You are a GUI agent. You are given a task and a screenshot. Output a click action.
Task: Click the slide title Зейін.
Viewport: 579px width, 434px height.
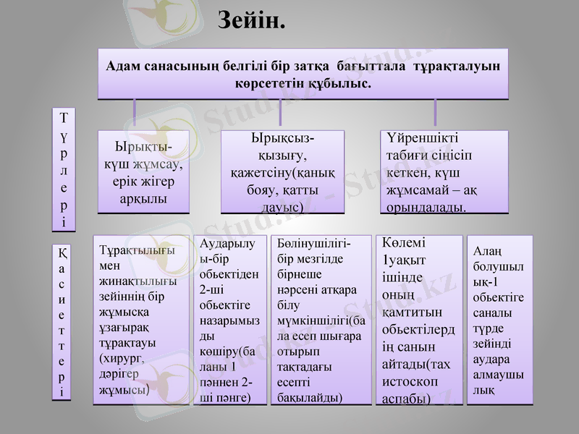coord(252,20)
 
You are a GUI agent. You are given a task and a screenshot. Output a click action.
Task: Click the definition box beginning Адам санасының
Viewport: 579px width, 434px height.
coord(303,74)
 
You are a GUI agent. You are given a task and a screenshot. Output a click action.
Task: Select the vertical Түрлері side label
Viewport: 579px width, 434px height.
coord(64,169)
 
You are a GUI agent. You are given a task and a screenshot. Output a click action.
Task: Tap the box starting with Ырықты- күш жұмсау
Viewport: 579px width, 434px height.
coord(143,172)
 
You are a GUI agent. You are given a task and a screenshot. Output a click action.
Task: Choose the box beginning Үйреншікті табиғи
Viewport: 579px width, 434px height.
coord(444,172)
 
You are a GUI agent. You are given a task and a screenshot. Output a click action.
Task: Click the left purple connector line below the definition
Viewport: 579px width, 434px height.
coord(135,114)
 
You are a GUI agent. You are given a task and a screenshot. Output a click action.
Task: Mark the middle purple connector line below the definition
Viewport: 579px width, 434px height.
coord(280,114)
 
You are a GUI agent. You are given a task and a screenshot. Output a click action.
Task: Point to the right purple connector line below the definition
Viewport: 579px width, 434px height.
coord(435,114)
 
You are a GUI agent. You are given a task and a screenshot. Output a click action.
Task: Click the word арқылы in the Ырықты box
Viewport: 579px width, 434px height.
coord(143,197)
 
